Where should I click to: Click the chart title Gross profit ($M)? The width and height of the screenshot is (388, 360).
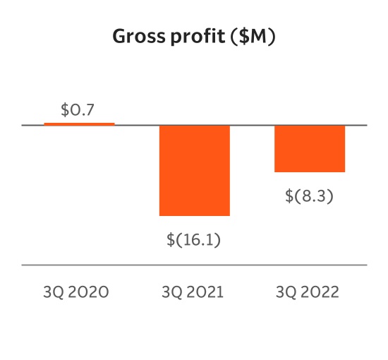[194, 37]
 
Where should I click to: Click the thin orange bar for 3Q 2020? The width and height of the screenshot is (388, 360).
[79, 124]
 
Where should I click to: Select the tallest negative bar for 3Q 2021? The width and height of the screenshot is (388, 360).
[194, 170]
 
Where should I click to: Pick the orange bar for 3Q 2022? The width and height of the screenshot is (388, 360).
[309, 148]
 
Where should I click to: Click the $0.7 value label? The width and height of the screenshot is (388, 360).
[78, 110]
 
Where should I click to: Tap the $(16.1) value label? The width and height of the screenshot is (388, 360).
[194, 239]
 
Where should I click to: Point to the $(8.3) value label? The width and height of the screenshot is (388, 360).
[309, 196]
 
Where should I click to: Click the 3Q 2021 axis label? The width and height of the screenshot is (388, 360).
[193, 292]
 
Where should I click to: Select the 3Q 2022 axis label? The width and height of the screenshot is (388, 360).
[308, 292]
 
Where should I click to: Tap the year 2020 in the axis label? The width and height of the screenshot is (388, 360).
[89, 292]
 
